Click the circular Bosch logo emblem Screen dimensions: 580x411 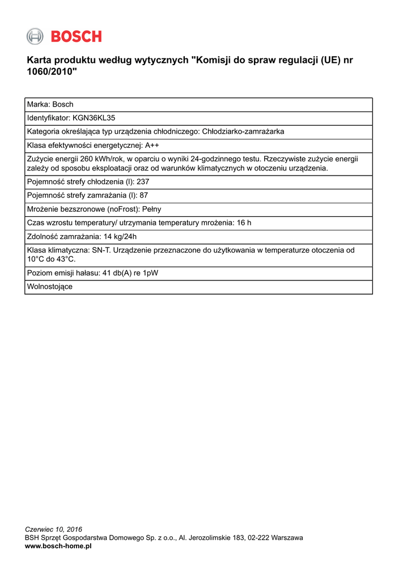click(x=35, y=36)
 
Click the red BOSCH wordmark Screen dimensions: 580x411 click(x=77, y=37)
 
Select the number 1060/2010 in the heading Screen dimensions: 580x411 click(x=49, y=72)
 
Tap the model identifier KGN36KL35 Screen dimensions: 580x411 click(x=94, y=118)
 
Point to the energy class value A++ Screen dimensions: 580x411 click(x=152, y=145)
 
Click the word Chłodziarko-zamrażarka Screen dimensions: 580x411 click(x=243, y=131)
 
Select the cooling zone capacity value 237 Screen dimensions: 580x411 click(x=143, y=182)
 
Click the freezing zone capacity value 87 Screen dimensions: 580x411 click(x=143, y=195)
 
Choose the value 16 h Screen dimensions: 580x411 click(x=244, y=223)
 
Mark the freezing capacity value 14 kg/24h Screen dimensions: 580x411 click(x=116, y=236)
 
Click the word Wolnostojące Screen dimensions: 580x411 click(x=50, y=287)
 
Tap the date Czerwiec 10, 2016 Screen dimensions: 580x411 click(x=54, y=530)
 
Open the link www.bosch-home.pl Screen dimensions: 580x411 click(x=58, y=546)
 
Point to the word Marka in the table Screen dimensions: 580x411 click(x=37, y=104)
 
